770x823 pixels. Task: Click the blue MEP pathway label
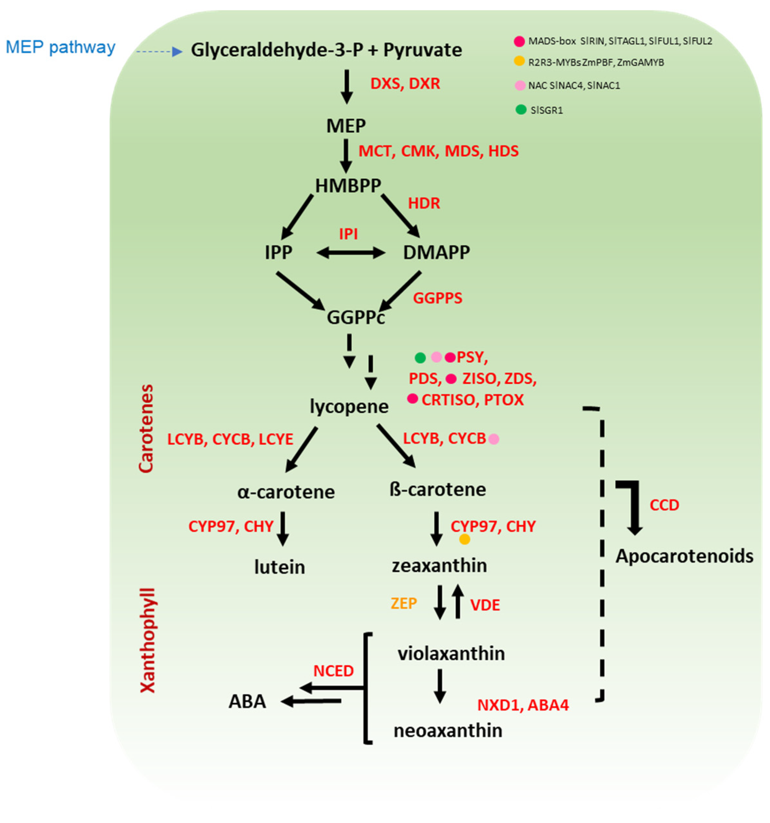pyautogui.click(x=60, y=47)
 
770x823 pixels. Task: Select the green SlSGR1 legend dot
pyautogui.click(x=521, y=110)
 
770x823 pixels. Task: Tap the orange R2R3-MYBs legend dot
pyautogui.click(x=519, y=61)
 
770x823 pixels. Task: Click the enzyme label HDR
pyautogui.click(x=424, y=203)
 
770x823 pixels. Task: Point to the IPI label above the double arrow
pyautogui.click(x=348, y=234)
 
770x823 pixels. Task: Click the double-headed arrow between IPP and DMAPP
pyautogui.click(x=351, y=252)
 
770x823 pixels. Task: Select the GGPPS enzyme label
pyautogui.click(x=438, y=298)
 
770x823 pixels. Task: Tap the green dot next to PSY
pyautogui.click(x=420, y=357)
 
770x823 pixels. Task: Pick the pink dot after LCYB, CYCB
pyautogui.click(x=493, y=439)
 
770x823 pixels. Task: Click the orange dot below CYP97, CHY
pyautogui.click(x=464, y=539)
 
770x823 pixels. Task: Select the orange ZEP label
pyautogui.click(x=404, y=603)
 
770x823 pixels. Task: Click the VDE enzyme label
pyautogui.click(x=485, y=605)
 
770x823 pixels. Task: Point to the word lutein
pyautogui.click(x=279, y=567)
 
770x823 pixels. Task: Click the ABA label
pyautogui.click(x=247, y=701)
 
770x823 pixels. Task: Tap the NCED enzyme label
pyautogui.click(x=333, y=671)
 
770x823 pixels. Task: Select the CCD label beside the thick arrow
pyautogui.click(x=664, y=505)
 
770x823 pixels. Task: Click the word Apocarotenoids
pyautogui.click(x=684, y=556)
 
